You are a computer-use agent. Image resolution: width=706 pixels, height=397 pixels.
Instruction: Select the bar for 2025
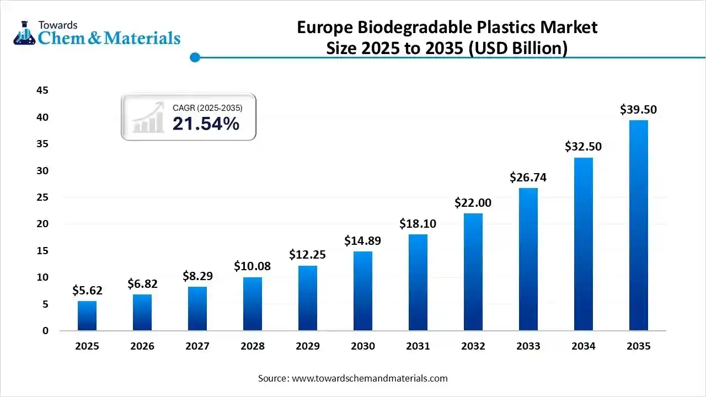point(87,315)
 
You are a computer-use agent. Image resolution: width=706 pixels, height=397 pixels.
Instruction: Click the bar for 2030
point(363,291)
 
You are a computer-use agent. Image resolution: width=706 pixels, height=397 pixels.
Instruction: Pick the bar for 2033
point(528,259)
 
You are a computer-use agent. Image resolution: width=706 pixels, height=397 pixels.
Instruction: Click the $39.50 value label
point(639,110)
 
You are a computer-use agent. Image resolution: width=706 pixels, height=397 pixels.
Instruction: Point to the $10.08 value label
point(253,266)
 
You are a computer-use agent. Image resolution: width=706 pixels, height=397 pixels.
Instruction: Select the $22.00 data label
point(473,202)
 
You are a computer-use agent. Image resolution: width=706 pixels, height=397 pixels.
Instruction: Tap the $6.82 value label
point(142,284)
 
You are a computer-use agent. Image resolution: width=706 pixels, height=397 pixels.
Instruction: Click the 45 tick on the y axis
point(42,90)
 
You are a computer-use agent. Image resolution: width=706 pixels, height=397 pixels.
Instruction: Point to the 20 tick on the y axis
point(42,224)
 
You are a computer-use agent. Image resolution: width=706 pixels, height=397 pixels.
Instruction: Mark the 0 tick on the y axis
point(46,331)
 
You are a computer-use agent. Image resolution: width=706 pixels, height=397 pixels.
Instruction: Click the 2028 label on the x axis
point(253,346)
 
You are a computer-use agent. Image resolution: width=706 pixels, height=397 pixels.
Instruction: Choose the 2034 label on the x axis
point(584,346)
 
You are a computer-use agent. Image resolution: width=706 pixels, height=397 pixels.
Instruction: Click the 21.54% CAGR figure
point(206,124)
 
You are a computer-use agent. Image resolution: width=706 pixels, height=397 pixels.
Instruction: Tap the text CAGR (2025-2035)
point(207,108)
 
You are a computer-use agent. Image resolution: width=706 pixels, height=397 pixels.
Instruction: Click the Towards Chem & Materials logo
point(97,33)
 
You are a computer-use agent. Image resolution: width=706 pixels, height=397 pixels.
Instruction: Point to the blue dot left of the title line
point(194,57)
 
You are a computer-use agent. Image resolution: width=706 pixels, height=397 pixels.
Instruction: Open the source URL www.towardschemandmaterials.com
point(370,378)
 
